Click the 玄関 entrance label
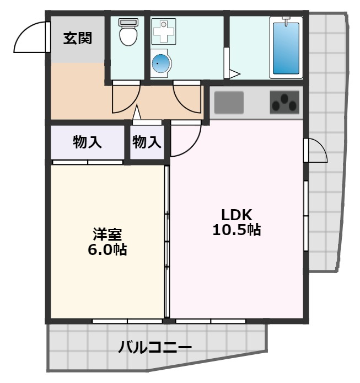tap(77, 39)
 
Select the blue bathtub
tap(286, 49)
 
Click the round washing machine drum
tap(161, 65)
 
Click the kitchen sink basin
tap(229, 102)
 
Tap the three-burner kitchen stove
tap(284, 103)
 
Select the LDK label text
tap(237, 214)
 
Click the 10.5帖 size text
tap(237, 230)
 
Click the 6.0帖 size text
tap(107, 249)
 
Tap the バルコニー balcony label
tap(155, 348)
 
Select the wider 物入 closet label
tap(88, 142)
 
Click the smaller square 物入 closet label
tap(147, 142)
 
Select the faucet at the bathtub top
tap(286, 21)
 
